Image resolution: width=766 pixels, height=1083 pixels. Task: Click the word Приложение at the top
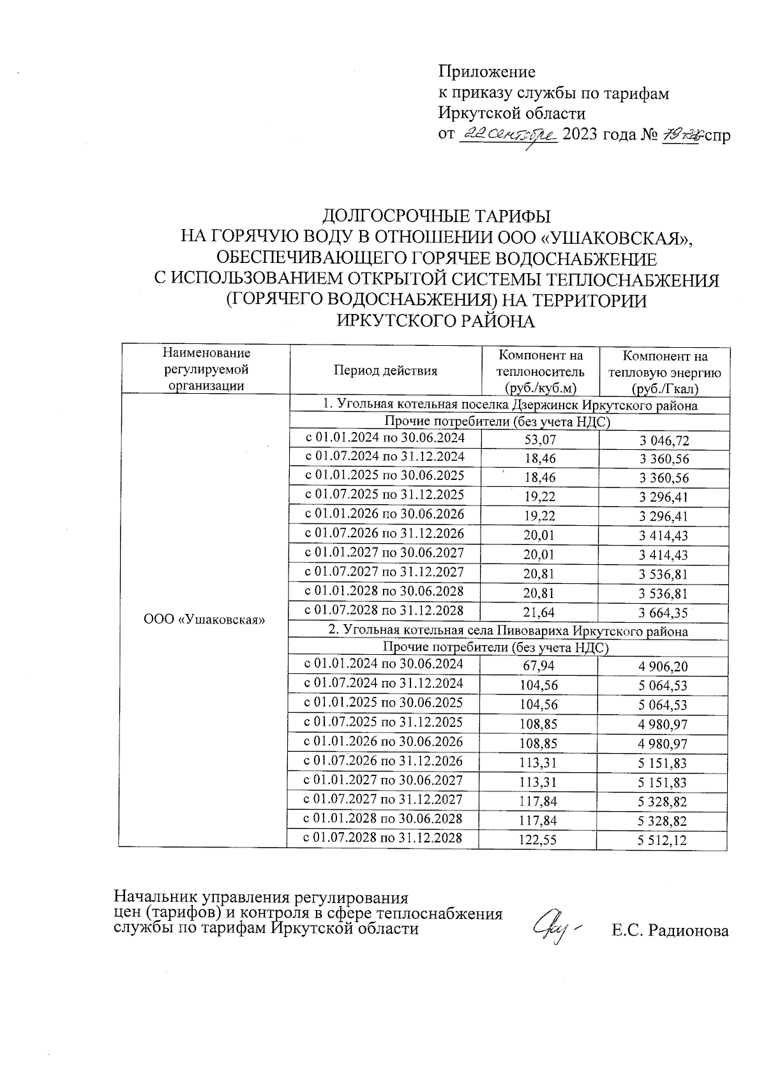point(486,71)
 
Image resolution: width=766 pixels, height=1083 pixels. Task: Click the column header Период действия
point(385,370)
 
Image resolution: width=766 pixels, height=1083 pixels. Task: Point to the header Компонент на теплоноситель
point(540,371)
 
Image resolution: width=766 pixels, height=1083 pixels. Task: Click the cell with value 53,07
point(539,440)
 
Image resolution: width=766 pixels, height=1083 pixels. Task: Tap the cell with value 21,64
point(539,613)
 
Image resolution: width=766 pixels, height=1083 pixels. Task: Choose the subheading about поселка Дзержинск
point(509,405)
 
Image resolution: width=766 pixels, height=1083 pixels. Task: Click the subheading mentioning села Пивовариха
point(508,631)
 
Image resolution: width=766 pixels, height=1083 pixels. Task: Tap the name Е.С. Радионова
point(670,931)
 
